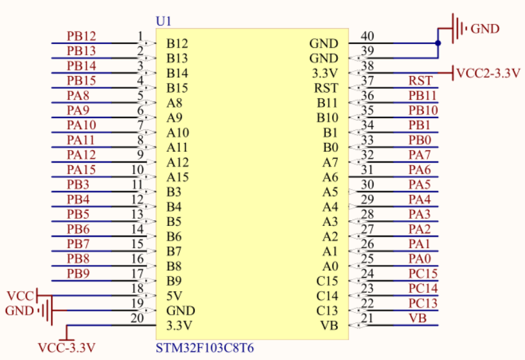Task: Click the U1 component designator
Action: tap(164, 22)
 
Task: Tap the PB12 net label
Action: tap(81, 36)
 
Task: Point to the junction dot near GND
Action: tap(438, 43)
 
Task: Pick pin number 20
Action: tap(137, 319)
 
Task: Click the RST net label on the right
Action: tap(420, 80)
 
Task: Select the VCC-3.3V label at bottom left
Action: tap(67, 347)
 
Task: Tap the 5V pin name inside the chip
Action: tap(174, 296)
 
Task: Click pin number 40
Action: tap(367, 36)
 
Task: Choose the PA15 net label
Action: tap(81, 169)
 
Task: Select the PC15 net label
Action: tap(423, 274)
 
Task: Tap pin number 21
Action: tap(367, 319)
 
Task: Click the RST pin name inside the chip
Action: tap(326, 87)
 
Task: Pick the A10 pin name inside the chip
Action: tap(178, 132)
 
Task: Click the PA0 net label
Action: tap(420, 259)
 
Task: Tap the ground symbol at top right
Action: tap(460, 29)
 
